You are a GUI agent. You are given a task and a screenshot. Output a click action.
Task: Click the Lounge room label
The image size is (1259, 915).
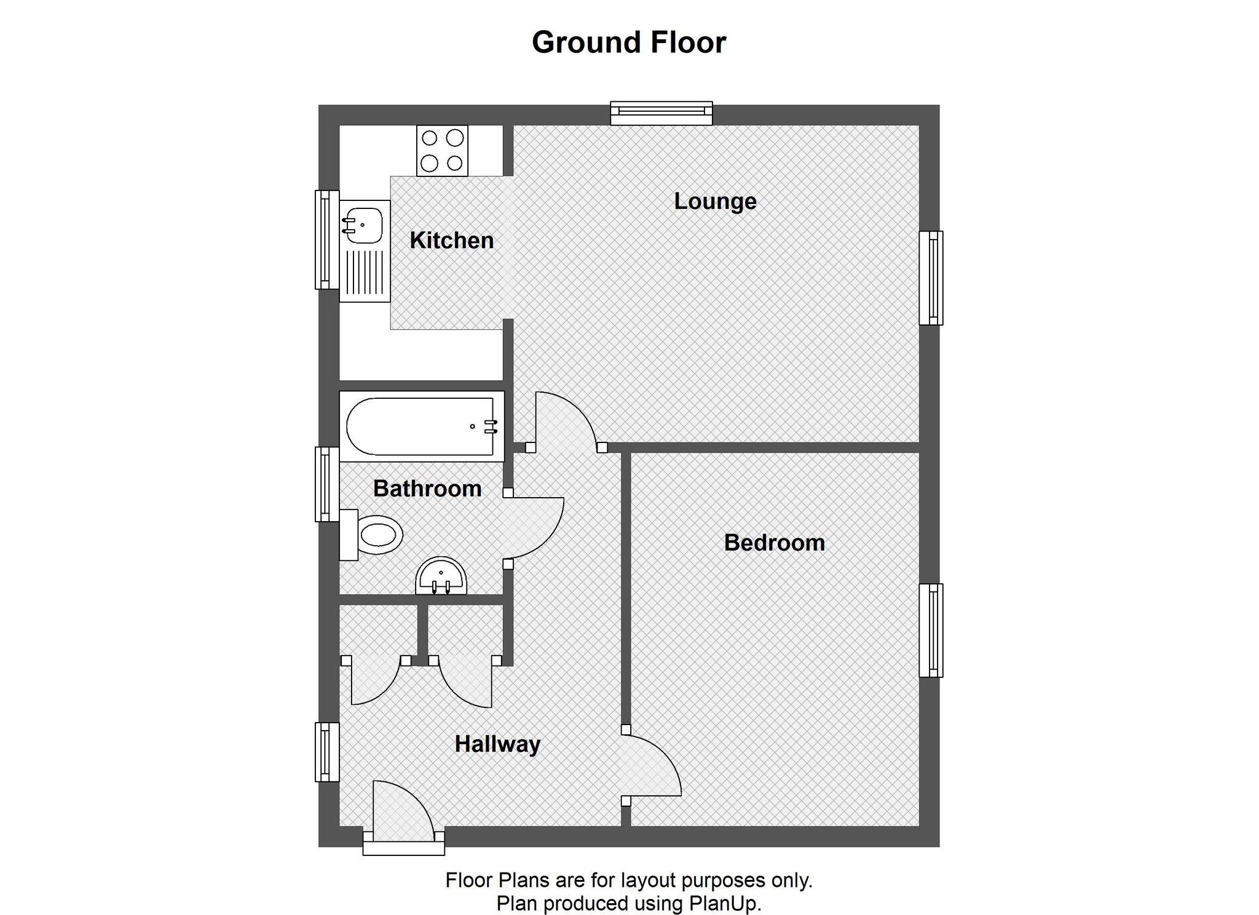point(715,202)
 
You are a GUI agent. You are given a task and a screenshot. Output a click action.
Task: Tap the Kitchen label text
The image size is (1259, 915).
point(452,240)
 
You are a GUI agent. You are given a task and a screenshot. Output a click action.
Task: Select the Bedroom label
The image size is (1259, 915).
point(775,543)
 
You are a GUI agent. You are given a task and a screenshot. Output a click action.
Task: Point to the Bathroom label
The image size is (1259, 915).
point(427,489)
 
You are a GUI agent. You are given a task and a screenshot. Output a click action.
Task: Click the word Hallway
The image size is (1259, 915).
point(497,744)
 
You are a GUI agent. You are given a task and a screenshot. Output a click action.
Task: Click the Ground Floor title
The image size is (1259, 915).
point(629,42)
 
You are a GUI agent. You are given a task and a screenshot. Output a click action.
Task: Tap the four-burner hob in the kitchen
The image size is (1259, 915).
point(442,151)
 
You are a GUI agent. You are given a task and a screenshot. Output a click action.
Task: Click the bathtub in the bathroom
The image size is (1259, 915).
point(422,426)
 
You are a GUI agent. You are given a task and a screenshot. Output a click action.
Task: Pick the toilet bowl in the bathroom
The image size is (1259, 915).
point(378,535)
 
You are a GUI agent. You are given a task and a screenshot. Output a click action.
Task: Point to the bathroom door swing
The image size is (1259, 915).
point(534,528)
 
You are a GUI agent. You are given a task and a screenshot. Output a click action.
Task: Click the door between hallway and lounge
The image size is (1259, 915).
point(566,421)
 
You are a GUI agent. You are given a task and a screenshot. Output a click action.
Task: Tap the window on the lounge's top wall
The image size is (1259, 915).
point(661,113)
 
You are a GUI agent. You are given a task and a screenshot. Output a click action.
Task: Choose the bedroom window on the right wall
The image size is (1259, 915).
point(931,630)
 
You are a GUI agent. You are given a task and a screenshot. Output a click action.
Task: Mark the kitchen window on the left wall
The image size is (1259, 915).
point(327,240)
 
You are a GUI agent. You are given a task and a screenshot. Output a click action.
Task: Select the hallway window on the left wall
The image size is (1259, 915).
point(327,752)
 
